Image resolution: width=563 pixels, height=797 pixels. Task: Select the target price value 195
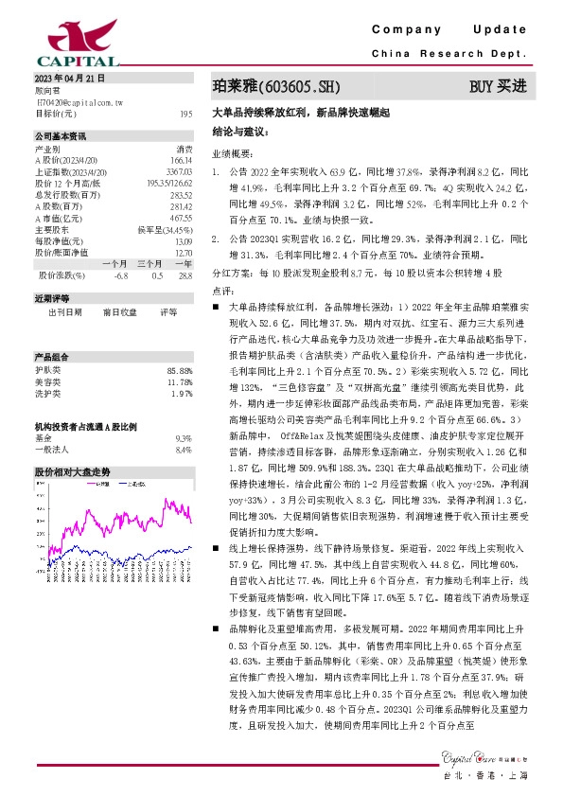click(185, 113)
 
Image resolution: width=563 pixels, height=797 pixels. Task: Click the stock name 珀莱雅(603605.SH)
click(274, 87)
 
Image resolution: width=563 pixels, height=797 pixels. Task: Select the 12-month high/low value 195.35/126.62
click(170, 183)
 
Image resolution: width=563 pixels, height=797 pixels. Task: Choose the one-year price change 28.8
click(185, 275)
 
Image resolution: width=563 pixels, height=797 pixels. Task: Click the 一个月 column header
click(114, 264)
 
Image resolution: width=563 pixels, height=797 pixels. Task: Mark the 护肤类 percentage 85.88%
click(179, 370)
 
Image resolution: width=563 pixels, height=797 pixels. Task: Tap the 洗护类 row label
click(48, 393)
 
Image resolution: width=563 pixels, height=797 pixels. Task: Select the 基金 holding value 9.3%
click(184, 438)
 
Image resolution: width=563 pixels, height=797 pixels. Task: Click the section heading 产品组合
click(49, 356)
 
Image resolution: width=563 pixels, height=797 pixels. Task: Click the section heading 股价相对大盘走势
click(73, 470)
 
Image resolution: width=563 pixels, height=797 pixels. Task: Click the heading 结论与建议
click(240, 131)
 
